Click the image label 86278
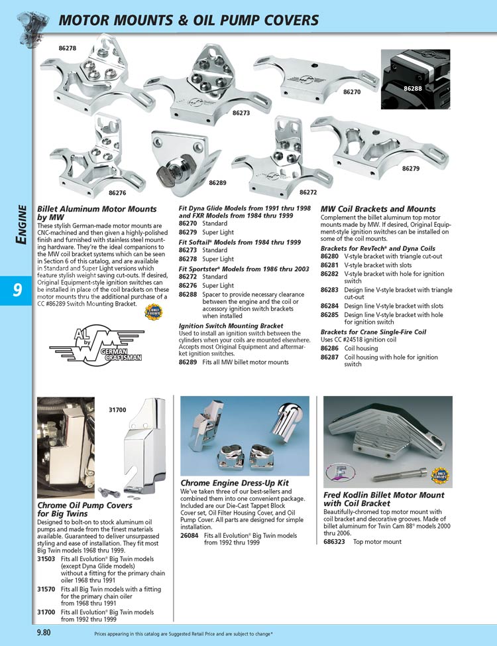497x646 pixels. pos(68,48)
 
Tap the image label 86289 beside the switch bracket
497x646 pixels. pos(217,182)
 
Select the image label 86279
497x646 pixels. pos(411,169)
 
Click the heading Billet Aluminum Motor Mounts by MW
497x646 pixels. pos(97,213)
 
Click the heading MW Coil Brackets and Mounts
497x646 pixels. pos(378,209)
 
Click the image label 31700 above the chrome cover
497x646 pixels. pos(117,410)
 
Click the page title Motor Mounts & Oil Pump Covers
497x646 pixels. pos(189,20)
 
